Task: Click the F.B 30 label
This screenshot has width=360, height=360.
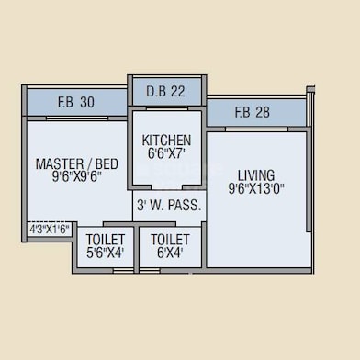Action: [x=76, y=102]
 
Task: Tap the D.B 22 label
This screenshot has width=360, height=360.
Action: [x=165, y=92]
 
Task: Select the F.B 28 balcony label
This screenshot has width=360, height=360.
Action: [x=253, y=112]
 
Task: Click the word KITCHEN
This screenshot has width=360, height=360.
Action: [x=166, y=141]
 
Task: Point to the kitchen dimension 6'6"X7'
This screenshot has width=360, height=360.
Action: [x=167, y=153]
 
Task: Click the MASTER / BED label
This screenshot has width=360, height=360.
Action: [x=77, y=163]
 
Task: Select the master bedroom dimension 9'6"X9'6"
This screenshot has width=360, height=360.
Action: [x=76, y=177]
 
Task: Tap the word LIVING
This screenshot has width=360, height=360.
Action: [x=256, y=175]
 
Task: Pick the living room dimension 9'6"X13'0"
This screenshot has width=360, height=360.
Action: [x=256, y=188]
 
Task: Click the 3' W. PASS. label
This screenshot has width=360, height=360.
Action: [x=169, y=206]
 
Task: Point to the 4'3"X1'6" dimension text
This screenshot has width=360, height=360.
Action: [x=50, y=229]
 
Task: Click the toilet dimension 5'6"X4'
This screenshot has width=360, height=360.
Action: [x=105, y=253]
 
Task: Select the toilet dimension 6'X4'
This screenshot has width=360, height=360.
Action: [x=170, y=253]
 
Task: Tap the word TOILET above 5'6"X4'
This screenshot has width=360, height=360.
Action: [x=106, y=240]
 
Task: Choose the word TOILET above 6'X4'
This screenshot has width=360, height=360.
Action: [x=170, y=240]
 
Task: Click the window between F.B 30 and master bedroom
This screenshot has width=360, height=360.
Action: [x=77, y=118]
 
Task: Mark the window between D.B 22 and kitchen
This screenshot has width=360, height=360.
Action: [x=167, y=108]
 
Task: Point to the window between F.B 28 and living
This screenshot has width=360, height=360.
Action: [x=256, y=129]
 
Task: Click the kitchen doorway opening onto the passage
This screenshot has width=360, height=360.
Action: [x=167, y=187]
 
